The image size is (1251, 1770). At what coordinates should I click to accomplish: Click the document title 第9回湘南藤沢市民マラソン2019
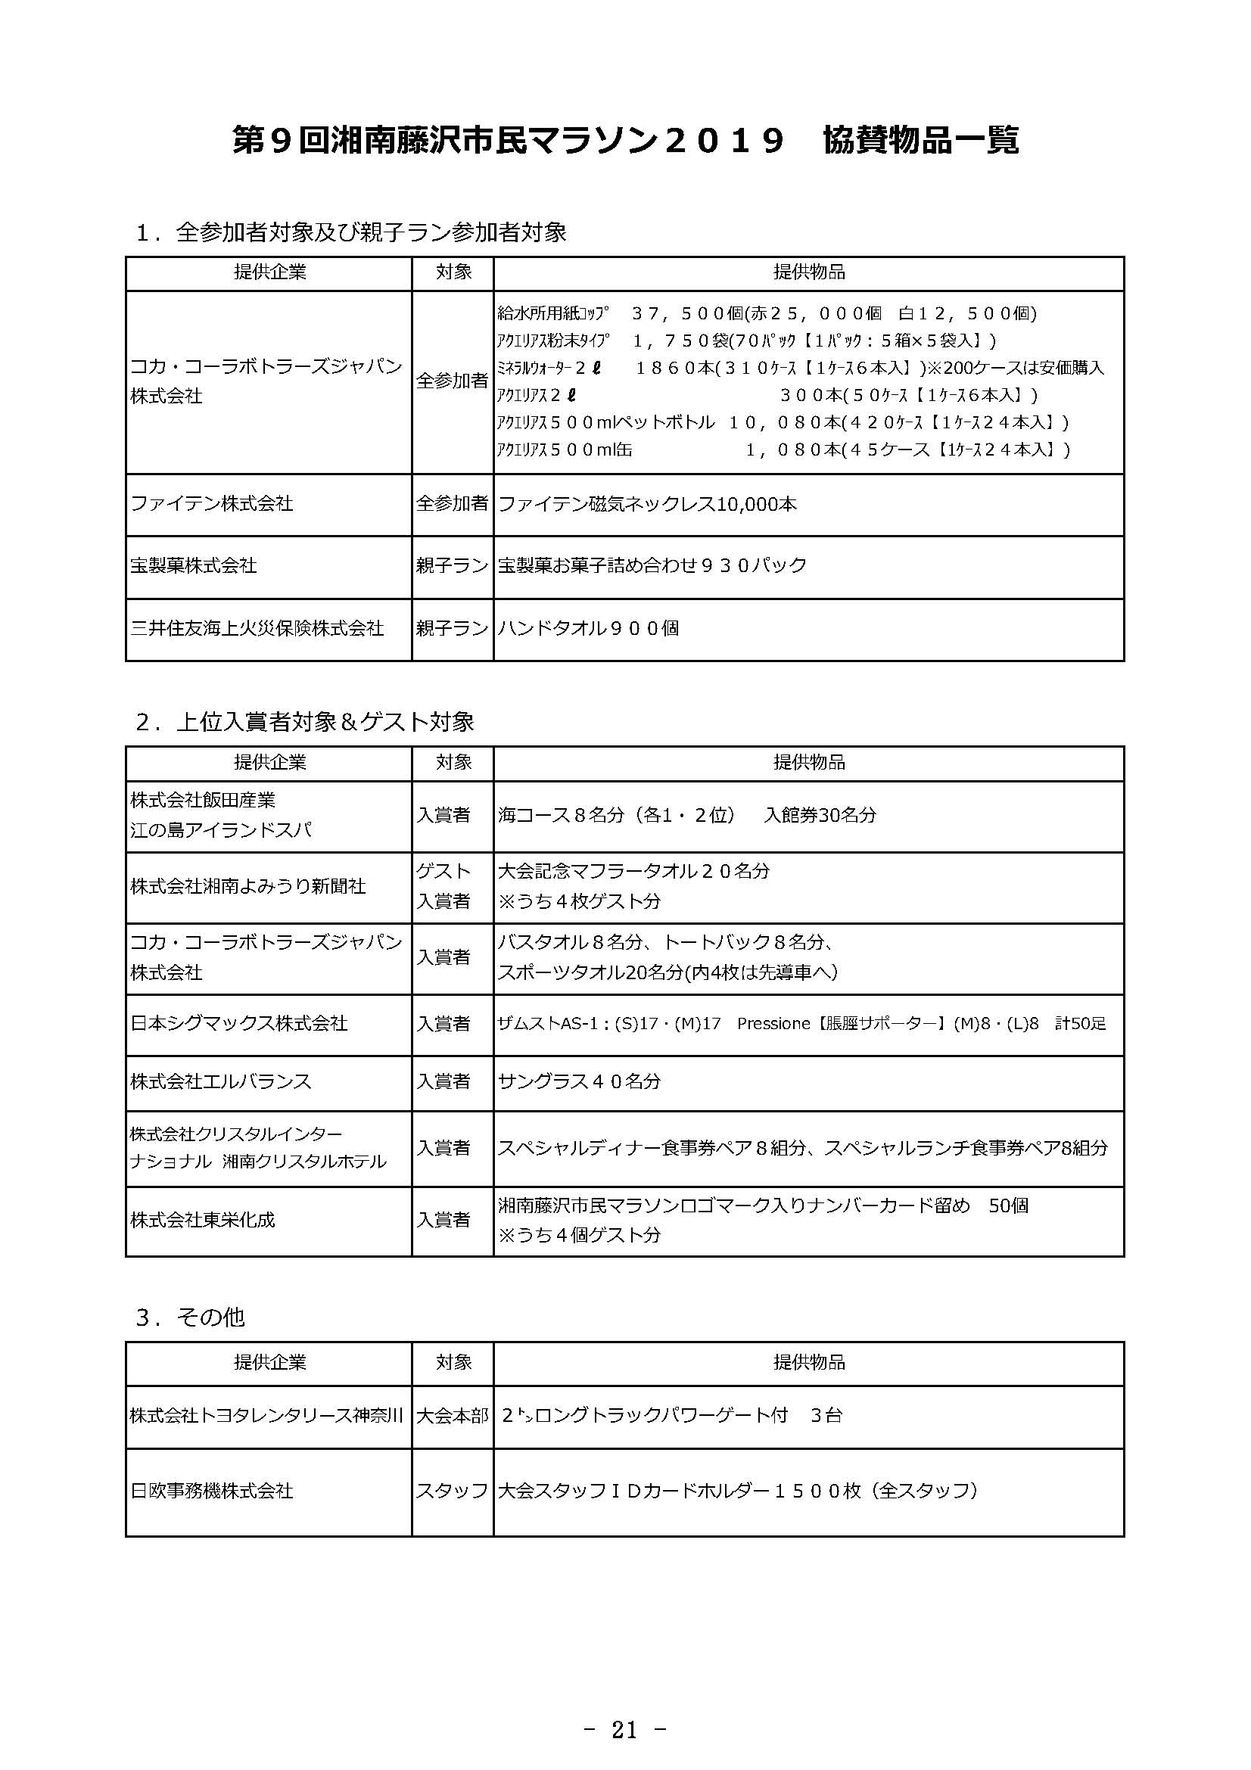[x=508, y=141]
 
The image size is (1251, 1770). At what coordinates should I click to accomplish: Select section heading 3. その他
[x=190, y=1317]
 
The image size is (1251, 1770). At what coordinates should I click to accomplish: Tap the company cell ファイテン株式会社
[x=212, y=504]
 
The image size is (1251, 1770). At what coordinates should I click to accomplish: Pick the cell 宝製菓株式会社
[x=194, y=566]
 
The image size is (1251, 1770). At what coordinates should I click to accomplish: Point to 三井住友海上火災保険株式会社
[x=257, y=629]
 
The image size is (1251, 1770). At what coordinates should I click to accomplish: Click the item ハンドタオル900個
[x=588, y=629]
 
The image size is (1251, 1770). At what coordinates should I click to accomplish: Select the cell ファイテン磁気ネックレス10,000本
[x=648, y=505]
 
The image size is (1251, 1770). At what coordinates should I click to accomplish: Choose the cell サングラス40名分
[x=579, y=1081]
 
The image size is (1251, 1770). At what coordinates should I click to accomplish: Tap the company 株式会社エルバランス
[x=220, y=1081]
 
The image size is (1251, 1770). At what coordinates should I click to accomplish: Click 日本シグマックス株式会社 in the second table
[x=239, y=1024]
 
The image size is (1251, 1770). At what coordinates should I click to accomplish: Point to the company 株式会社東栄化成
[x=203, y=1220]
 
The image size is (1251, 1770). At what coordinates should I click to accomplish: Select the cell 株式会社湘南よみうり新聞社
[x=247, y=887]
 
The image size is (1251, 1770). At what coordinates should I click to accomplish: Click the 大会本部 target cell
[x=452, y=1416]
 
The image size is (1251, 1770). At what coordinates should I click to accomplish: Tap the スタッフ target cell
[x=452, y=1491]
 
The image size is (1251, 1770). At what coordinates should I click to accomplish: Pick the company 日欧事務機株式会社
[x=212, y=1491]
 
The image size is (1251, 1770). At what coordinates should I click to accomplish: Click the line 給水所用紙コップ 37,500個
[x=767, y=314]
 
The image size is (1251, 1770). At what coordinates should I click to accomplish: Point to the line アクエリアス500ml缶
[x=783, y=449]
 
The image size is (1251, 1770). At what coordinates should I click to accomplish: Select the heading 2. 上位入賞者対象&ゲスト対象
[x=304, y=723]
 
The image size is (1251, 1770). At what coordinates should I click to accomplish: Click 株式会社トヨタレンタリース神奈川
[x=266, y=1416]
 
